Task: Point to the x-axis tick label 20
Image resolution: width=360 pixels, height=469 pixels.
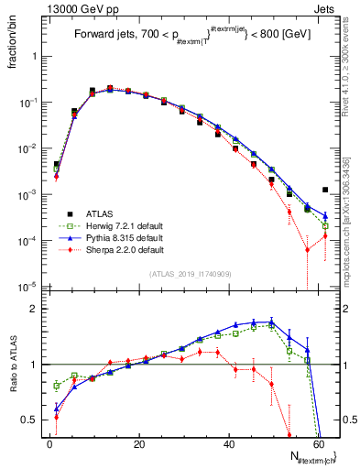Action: [x=139, y=442]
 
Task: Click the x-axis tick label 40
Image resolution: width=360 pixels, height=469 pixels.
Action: [x=229, y=442]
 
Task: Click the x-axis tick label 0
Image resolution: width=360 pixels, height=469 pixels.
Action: [x=49, y=442]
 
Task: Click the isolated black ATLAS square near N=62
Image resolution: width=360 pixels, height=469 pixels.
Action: [x=326, y=190]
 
